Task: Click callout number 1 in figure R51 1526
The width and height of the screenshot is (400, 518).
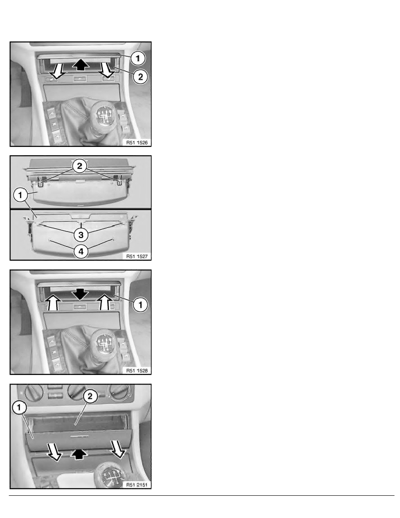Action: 138,58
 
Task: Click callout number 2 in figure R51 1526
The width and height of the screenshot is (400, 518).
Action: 141,77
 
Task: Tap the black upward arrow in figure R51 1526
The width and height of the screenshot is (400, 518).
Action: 81,64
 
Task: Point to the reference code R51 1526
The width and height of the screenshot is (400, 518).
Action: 137,143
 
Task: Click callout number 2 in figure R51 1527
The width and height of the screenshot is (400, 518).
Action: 80,166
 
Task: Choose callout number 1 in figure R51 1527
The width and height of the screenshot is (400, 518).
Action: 20,195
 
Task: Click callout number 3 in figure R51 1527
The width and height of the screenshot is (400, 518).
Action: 81,235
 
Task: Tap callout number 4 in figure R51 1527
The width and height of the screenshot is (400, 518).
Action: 81,252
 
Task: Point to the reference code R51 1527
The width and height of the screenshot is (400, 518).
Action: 137,256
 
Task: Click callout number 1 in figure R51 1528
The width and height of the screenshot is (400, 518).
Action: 140,305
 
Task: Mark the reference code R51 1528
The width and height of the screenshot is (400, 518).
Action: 137,371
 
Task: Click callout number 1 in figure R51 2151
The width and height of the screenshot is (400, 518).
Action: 19,407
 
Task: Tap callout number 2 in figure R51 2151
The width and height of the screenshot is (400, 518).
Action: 90,396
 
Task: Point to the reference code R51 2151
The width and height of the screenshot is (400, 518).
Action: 137,485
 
